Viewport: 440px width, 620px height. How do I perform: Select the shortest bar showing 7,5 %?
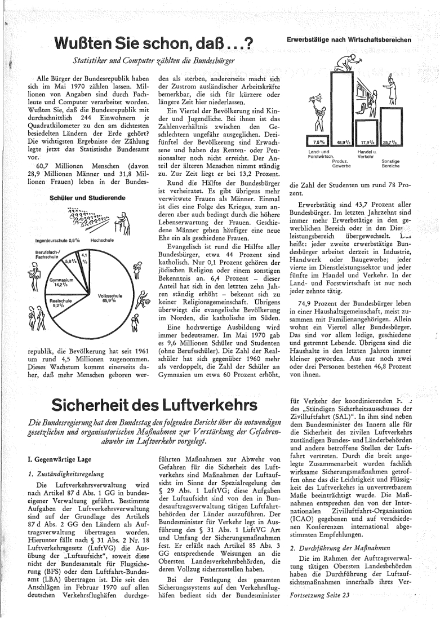tap(319, 142)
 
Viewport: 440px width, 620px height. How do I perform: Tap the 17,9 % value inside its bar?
tap(368, 142)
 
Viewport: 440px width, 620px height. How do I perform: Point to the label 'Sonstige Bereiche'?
tap(390, 163)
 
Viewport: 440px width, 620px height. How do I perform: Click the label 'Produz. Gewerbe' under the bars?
tap(341, 163)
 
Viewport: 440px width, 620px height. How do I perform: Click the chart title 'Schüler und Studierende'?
tap(80, 198)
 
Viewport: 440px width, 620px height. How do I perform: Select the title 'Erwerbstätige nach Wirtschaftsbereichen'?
tap(348, 39)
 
